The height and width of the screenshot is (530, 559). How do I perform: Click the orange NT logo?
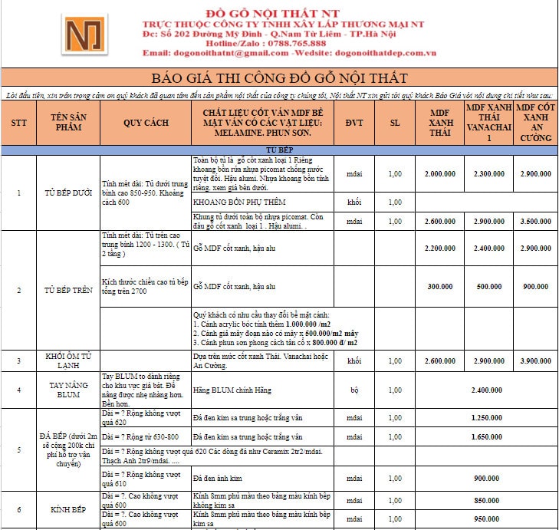coord(86,37)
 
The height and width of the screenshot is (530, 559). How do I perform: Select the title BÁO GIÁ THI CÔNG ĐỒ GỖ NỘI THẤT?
coord(279,78)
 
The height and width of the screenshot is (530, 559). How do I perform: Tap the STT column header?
coord(19,122)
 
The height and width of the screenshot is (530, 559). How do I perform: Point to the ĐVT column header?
coord(354,122)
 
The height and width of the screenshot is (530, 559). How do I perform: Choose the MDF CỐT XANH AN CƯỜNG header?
coord(536,122)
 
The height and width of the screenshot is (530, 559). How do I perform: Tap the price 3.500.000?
coord(536,221)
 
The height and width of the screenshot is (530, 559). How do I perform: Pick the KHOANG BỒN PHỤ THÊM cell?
coord(240,202)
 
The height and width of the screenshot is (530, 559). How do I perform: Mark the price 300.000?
coord(440,286)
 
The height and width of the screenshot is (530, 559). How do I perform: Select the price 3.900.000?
coord(536,360)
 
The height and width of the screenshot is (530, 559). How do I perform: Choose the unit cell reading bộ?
coord(354,390)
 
